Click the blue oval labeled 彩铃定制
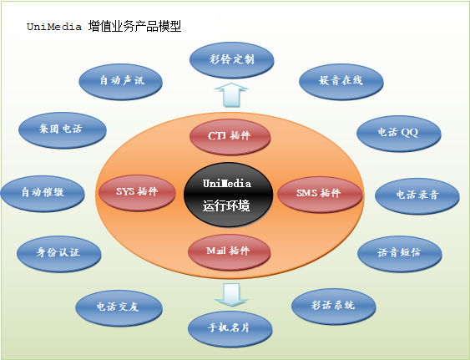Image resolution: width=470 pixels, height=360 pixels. click(231, 60)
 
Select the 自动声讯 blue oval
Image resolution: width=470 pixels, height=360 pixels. click(120, 82)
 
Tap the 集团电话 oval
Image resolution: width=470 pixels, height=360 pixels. click(63, 130)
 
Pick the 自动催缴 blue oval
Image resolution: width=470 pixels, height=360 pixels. click(43, 194)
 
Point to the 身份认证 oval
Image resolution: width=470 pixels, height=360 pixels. click(58, 254)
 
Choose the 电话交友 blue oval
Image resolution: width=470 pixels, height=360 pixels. click(119, 308)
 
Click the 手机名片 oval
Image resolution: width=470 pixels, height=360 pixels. click(230, 329)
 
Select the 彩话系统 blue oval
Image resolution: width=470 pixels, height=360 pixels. click(333, 307)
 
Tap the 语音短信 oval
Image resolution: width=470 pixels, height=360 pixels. click(400, 254)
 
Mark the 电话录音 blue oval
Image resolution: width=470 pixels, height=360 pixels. click(417, 196)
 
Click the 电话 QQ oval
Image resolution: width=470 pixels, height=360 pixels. click(399, 134)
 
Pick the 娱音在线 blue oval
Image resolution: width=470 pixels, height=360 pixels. click(341, 82)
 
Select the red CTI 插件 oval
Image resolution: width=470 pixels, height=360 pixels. click(230, 137)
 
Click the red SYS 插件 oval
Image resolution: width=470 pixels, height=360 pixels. click(137, 193)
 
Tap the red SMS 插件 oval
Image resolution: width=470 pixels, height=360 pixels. click(320, 195)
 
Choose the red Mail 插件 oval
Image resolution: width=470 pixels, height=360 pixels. click(229, 252)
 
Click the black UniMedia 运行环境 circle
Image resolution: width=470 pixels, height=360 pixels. click(228, 195)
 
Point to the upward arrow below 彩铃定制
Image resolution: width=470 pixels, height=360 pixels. click(231, 94)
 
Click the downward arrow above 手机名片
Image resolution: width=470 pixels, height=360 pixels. click(231, 295)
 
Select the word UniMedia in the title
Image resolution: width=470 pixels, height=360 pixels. click(54, 27)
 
